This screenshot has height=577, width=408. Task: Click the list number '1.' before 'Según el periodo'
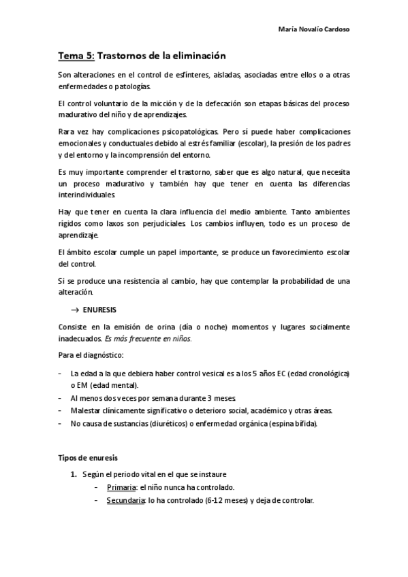74,474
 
